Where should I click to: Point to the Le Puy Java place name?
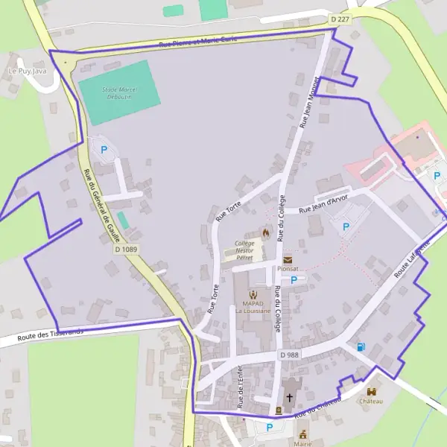pyautogui.click(x=22, y=71)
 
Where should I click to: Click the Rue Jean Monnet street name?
pyautogui.click(x=310, y=102)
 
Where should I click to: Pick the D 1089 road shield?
pyautogui.click(x=127, y=249)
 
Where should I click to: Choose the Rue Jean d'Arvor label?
pyautogui.click(x=323, y=206)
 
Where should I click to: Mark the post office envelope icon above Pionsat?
pyautogui.click(x=288, y=259)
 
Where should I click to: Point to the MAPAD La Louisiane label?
pyautogui.click(x=253, y=305)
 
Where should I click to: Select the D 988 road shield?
pyautogui.click(x=289, y=355)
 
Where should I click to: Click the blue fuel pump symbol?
pyautogui.click(x=361, y=346)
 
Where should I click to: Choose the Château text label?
pyautogui.click(x=371, y=401)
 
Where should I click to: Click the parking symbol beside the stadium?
pyautogui.click(x=104, y=149)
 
